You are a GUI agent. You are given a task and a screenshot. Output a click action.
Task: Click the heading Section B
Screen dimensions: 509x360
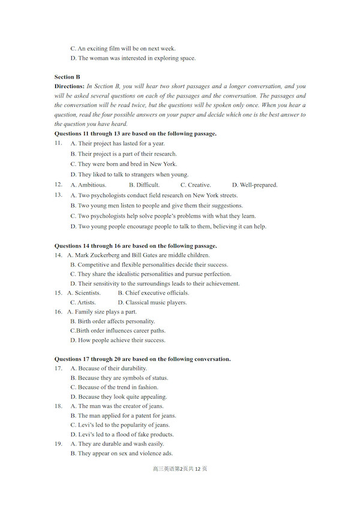click(67, 77)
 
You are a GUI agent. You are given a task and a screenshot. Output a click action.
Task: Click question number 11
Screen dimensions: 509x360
click(58, 143)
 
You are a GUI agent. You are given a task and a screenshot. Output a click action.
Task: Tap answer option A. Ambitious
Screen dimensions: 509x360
click(88, 185)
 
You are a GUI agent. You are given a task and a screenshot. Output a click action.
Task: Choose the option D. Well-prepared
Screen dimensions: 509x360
click(254, 185)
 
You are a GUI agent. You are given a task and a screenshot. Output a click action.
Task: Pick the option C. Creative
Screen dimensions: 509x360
click(196, 185)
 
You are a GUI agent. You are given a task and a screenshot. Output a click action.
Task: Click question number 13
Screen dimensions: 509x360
click(58, 195)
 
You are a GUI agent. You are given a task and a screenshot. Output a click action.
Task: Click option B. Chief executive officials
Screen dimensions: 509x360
click(153, 293)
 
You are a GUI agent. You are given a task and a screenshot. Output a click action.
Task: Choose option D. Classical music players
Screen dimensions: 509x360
click(152, 302)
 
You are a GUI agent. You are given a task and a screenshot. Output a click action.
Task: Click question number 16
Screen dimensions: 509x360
click(58, 312)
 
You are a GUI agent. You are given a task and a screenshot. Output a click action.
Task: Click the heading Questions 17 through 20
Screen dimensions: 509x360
click(142, 359)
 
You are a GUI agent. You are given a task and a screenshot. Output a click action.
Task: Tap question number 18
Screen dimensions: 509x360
click(58, 406)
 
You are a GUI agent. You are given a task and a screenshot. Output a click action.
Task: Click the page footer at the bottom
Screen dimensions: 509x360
click(180, 468)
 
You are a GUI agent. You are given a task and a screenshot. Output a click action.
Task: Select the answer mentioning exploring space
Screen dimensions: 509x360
click(133, 58)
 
